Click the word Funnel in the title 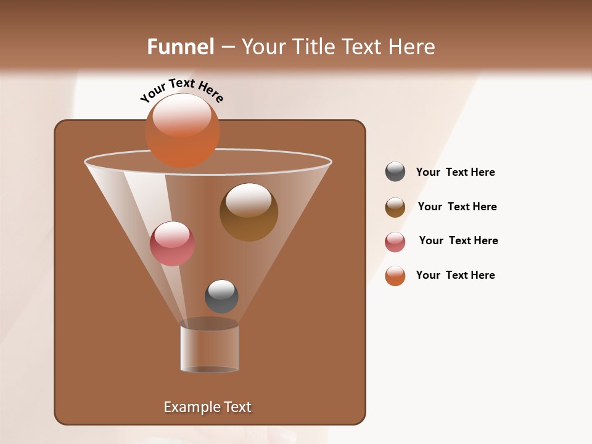tap(180, 47)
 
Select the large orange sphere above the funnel tap(182, 130)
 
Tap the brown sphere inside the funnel tap(249, 212)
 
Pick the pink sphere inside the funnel tap(172, 244)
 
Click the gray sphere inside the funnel tap(221, 297)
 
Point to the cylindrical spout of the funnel tap(209, 348)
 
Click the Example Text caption tap(207, 407)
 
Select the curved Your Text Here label tap(181, 90)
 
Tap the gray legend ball tap(395, 171)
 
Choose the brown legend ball tap(395, 207)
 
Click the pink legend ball tap(395, 242)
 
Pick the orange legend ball tap(395, 276)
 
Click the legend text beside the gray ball tap(455, 172)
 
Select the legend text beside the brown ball tap(457, 207)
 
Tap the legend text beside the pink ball tap(458, 240)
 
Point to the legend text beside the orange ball tap(455, 275)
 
